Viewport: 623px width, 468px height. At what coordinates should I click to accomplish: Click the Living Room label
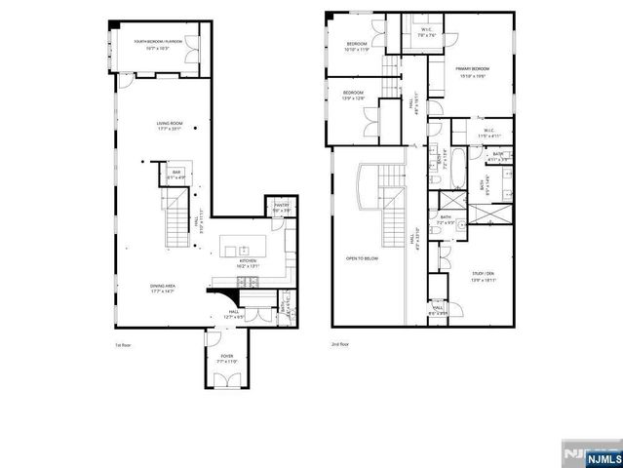(x=171, y=125)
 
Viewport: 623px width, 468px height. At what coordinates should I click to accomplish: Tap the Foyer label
(x=226, y=359)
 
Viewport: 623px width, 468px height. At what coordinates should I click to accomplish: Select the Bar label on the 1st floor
(x=175, y=175)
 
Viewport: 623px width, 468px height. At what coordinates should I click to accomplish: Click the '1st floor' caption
(x=123, y=344)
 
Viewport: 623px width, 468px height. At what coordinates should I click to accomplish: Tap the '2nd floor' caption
(x=338, y=344)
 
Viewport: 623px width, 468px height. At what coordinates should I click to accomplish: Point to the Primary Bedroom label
(x=474, y=70)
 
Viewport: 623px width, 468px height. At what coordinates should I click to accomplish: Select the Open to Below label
(x=360, y=259)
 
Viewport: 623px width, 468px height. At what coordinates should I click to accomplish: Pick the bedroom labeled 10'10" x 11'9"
(x=359, y=48)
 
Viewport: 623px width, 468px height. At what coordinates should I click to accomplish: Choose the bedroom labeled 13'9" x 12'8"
(x=352, y=96)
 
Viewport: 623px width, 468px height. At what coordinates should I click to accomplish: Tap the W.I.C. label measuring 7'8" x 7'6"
(x=426, y=33)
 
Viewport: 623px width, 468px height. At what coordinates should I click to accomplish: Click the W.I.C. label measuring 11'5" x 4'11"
(x=485, y=133)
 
